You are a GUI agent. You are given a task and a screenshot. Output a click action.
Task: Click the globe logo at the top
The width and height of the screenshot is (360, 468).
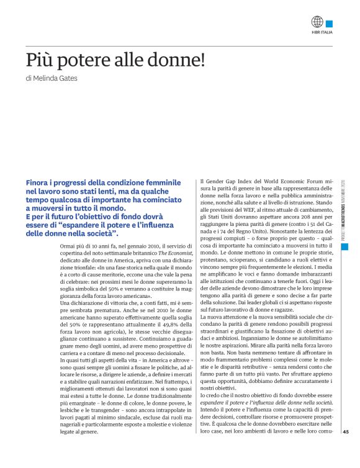318,22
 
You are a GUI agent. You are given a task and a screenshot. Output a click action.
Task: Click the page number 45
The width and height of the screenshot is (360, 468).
346,450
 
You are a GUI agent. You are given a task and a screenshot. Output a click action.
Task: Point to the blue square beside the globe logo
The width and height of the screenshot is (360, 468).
329,22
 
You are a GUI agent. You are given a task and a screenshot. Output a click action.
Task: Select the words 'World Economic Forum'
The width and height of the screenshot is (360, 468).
292,182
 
